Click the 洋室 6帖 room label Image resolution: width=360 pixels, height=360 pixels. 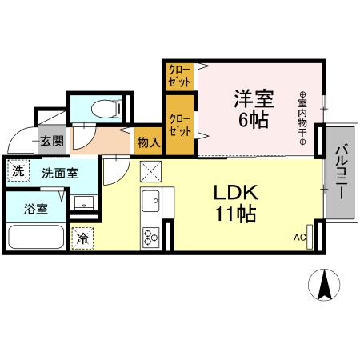point(253,109)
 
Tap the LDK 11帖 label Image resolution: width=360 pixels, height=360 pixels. point(234,204)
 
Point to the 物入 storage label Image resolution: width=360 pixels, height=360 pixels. point(149,142)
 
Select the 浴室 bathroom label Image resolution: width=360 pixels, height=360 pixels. point(34,209)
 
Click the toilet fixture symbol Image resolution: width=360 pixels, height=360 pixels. point(103,109)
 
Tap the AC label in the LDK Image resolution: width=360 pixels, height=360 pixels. point(300,237)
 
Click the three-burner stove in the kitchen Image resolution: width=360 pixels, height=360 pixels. point(151,236)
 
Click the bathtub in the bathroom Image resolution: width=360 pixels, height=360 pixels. point(36,238)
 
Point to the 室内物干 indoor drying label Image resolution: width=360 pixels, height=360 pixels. point(303,118)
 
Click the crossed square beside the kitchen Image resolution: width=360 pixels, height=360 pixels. point(150,171)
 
